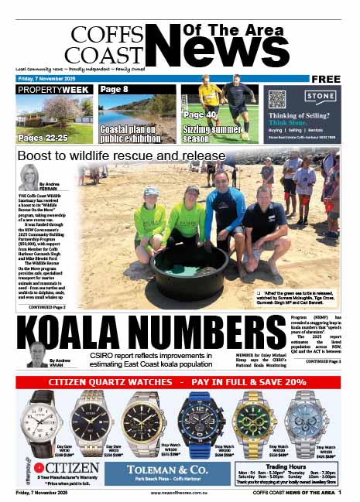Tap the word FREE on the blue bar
[x=327, y=79]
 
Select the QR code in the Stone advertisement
[x=277, y=100]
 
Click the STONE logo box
[x=319, y=98]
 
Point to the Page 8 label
[x=114, y=90]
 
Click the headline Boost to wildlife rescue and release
[x=122, y=156]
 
